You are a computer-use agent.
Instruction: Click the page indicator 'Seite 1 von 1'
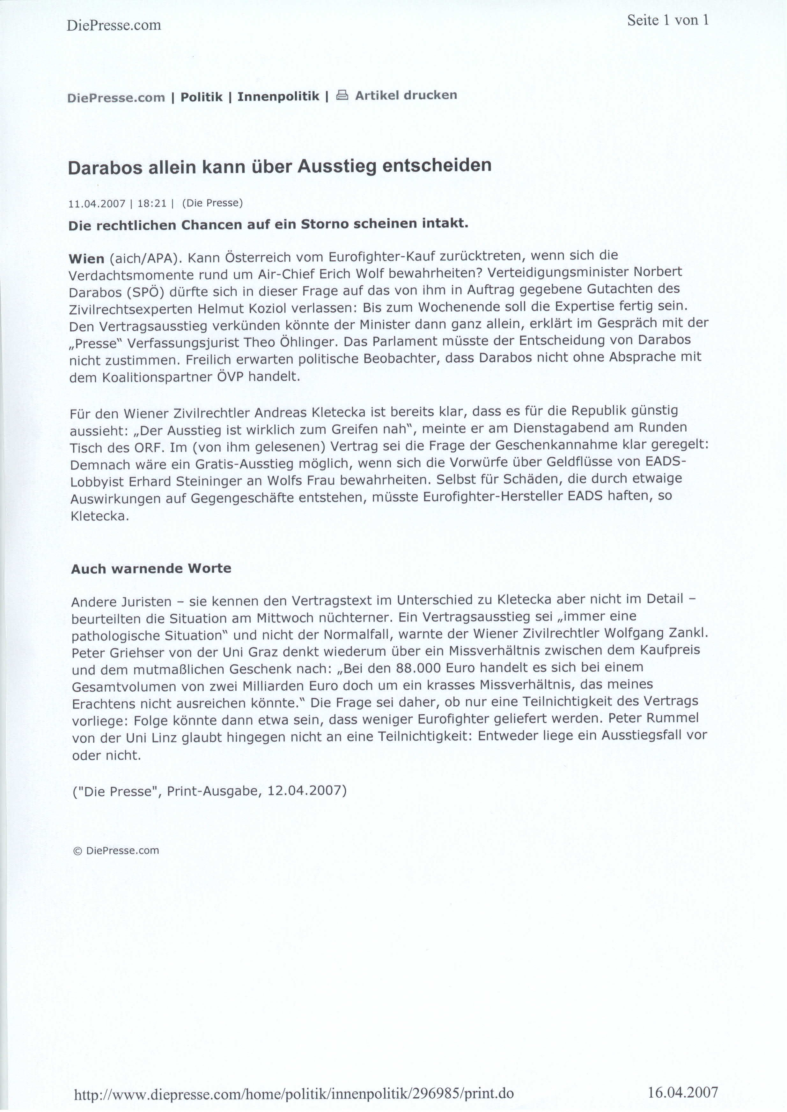pyautogui.click(x=667, y=20)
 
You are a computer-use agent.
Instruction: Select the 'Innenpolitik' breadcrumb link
pyautogui.click(x=278, y=96)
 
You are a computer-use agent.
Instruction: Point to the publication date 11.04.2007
pyautogui.click(x=97, y=204)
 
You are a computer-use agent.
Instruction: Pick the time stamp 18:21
pyautogui.click(x=152, y=204)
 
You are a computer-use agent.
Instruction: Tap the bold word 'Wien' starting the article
pyautogui.click(x=87, y=259)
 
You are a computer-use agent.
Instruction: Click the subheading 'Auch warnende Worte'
pyautogui.click(x=151, y=568)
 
